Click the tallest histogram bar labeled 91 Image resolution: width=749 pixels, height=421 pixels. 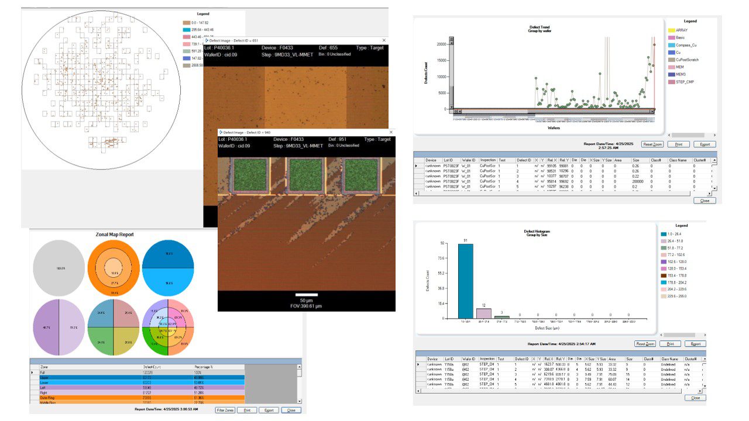[x=466, y=281]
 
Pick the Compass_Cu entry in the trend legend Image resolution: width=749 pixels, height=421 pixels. [x=686, y=45]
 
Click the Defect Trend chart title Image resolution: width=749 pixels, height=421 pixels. [x=539, y=27]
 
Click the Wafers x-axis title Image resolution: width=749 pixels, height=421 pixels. [x=554, y=127]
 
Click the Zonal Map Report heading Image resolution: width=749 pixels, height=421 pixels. [x=115, y=234]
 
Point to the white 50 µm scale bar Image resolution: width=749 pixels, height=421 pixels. [x=307, y=295]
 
